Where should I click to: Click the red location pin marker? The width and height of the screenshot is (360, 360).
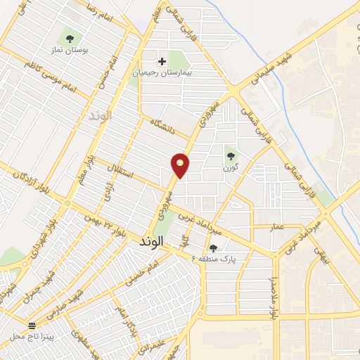(181, 165)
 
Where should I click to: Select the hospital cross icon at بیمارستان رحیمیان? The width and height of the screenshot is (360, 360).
(163, 61)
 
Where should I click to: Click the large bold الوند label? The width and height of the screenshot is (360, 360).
(147, 240)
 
